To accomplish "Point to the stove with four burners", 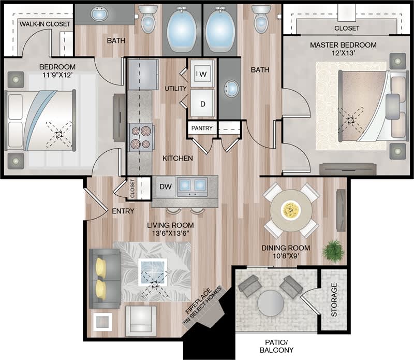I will point(140,137).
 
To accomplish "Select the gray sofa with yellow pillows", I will point(105,278).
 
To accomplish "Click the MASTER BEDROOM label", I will point(343,45).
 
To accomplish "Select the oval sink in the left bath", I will point(99,14).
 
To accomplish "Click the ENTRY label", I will point(123,211).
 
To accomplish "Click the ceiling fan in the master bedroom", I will point(351,119).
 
